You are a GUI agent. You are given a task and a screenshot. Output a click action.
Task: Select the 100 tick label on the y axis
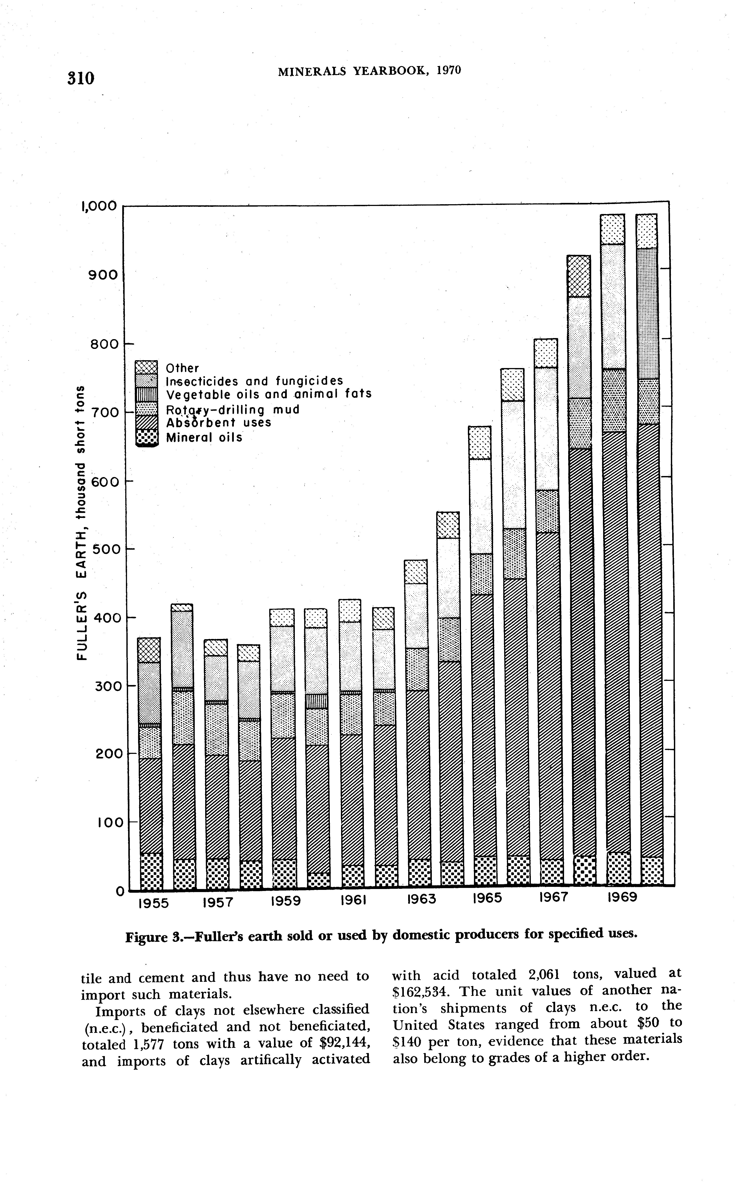103,823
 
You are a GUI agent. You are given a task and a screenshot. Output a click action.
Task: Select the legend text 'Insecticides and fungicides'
255,381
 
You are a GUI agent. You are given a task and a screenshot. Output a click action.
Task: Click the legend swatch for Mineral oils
147,437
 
